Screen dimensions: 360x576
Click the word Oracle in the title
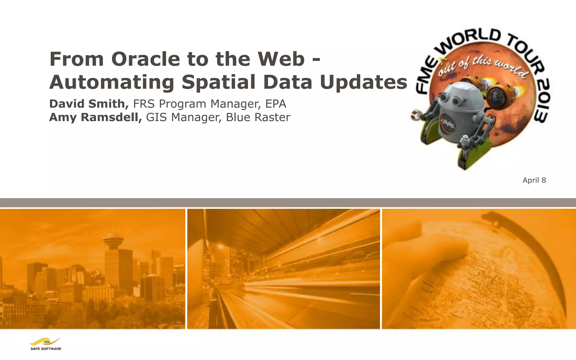point(145,59)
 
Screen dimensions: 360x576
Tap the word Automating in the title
point(112,82)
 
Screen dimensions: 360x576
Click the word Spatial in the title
point(219,82)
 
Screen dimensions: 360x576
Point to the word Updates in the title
point(363,82)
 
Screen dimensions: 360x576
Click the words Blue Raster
point(258,117)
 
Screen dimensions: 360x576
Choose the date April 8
point(534,180)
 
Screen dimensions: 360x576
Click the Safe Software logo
point(46,344)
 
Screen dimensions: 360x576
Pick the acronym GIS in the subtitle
point(157,117)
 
